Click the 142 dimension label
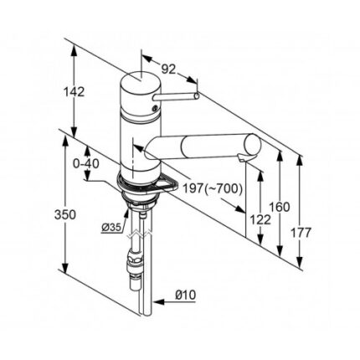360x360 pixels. tap(75, 92)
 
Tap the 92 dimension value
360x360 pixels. tap(169, 69)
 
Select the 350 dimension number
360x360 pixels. tap(65, 215)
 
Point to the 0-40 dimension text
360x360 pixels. tap(86, 164)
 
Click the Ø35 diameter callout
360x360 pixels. tap(111, 228)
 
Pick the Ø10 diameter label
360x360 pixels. tap(186, 295)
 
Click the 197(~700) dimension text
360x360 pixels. tap(212, 189)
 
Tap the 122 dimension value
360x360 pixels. tap(260, 220)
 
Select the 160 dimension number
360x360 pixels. tap(280, 207)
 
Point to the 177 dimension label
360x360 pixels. tap(301, 233)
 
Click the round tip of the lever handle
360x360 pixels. tap(197, 96)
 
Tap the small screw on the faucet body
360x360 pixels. tap(154, 108)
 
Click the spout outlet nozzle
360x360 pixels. tap(242, 158)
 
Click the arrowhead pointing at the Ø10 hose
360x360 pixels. tap(158, 302)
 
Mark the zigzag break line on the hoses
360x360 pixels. tap(140, 234)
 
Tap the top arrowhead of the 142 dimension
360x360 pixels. tap(74, 51)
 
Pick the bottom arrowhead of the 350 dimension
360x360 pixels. tap(65, 267)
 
